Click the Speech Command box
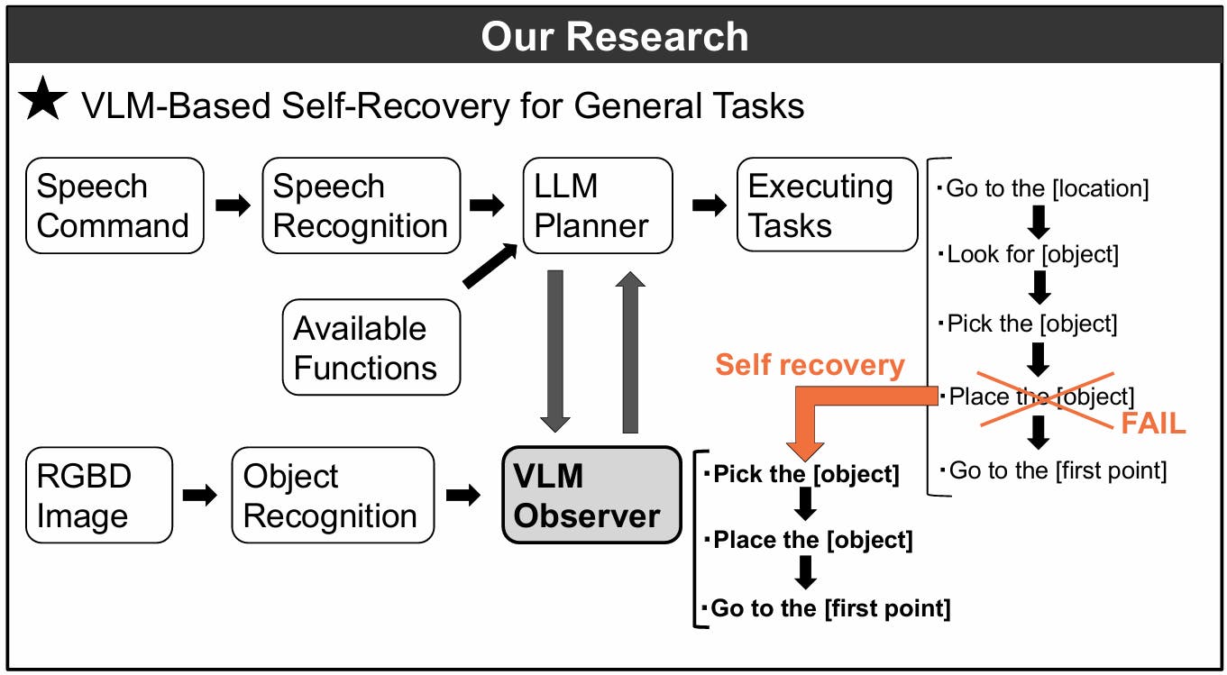pyautogui.click(x=114, y=205)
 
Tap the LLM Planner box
pyautogui.click(x=597, y=205)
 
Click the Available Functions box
pyautogui.click(x=371, y=347)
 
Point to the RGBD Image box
pyautogui.click(x=98, y=496)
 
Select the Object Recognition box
pyautogui.click(x=332, y=496)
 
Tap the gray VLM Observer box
pyautogui.click(x=591, y=496)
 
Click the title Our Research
pyautogui.click(x=614, y=37)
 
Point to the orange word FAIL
pyautogui.click(x=1153, y=424)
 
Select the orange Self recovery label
pyautogui.click(x=809, y=364)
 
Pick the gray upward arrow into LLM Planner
pyautogui.click(x=630, y=351)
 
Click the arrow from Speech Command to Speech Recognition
pyautogui.click(x=233, y=205)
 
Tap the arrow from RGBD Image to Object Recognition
pyautogui.click(x=200, y=495)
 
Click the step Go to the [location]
pyautogui.click(x=1047, y=189)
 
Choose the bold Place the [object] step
pyautogui.click(x=811, y=541)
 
